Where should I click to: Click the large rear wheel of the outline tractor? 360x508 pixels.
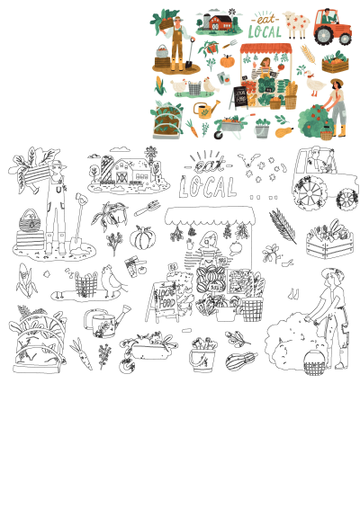[x=310, y=191]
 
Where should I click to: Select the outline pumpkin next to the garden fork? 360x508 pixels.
[x=142, y=239]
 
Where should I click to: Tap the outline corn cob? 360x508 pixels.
[x=25, y=280]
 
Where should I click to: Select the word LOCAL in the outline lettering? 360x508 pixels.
[x=207, y=186]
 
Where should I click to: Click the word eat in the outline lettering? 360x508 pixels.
[x=209, y=164]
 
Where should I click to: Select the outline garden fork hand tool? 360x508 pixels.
[x=147, y=211]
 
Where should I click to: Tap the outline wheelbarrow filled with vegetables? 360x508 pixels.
[x=146, y=345]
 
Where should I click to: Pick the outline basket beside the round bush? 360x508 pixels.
[x=314, y=361]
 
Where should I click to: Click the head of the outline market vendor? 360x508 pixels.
[x=209, y=240]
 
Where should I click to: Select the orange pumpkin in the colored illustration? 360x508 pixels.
[x=227, y=62]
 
